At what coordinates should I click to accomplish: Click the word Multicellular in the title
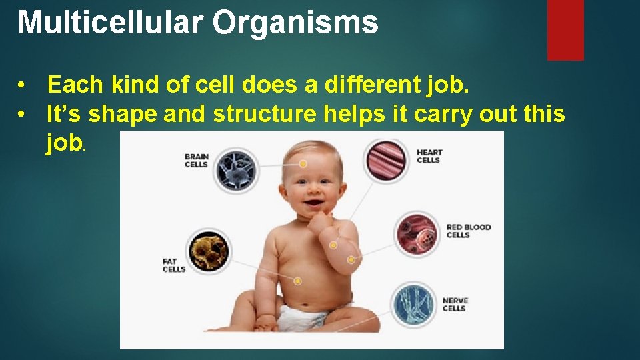click(110, 22)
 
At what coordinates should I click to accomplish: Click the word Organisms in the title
click(295, 23)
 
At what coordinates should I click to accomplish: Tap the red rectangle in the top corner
click(565, 29)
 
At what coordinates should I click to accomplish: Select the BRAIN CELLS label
click(197, 161)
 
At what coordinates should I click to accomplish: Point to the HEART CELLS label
click(429, 156)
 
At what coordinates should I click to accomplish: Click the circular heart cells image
click(386, 160)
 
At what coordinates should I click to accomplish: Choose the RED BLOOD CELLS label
click(468, 231)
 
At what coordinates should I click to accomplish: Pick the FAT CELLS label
click(174, 265)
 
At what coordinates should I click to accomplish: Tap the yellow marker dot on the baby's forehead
click(303, 163)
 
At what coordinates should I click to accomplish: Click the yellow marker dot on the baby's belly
click(298, 281)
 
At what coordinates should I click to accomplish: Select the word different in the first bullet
click(366, 85)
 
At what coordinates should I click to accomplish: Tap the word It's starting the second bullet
click(64, 114)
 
